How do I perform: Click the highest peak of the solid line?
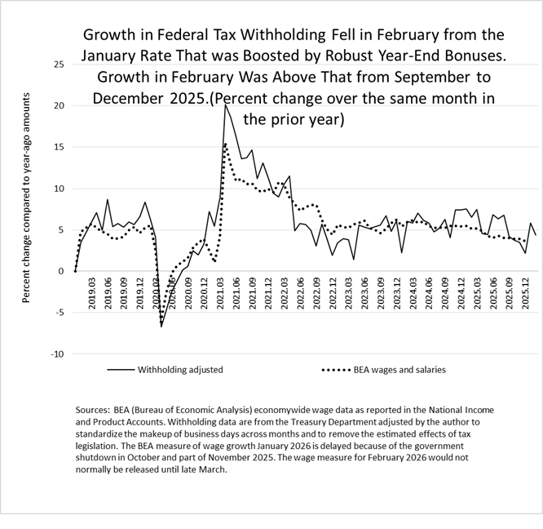[225, 105]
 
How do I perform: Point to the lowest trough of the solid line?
[161, 327]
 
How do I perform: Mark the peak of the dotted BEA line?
[225, 144]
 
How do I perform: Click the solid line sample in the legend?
[120, 370]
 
